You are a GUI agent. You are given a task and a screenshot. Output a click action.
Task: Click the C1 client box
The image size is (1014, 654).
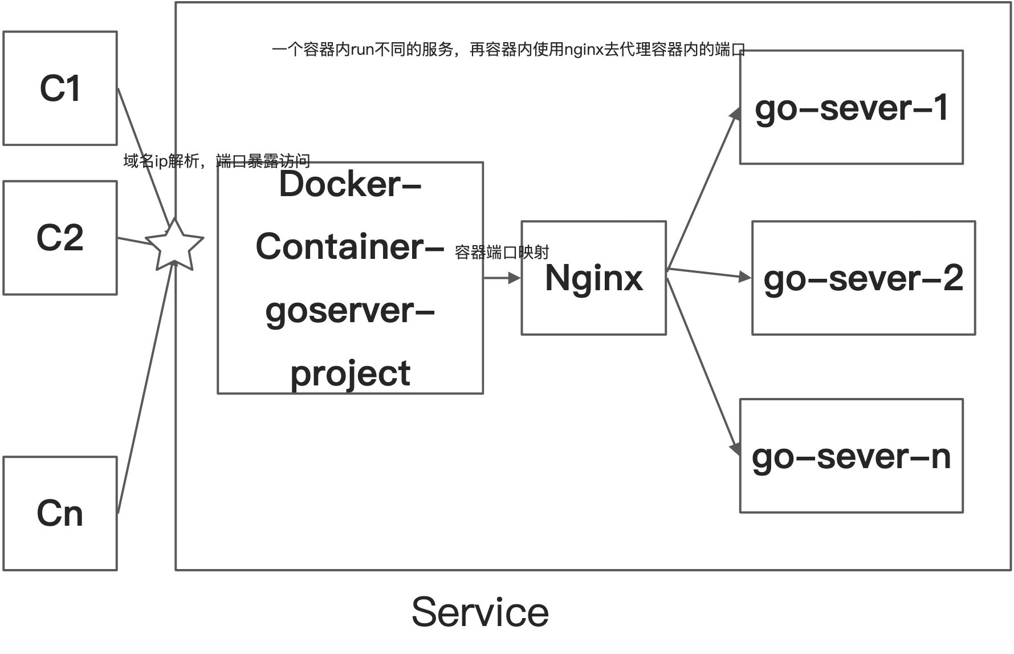tap(60, 88)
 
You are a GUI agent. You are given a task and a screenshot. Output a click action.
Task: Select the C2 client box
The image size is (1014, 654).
tap(60, 238)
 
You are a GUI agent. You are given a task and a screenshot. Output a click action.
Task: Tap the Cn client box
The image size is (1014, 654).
tap(60, 513)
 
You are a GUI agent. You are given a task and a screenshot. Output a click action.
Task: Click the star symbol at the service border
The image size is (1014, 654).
tap(174, 246)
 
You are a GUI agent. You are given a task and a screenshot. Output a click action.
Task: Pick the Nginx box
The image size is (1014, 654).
tap(593, 278)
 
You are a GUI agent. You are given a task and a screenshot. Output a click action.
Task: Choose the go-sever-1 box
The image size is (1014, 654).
tap(851, 107)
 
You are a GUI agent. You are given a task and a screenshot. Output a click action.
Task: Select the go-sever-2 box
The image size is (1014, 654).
tap(863, 278)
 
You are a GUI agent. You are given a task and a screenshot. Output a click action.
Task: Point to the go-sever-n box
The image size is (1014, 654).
tap(851, 456)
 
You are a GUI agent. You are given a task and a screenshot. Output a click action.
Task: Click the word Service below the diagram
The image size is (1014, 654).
tap(480, 612)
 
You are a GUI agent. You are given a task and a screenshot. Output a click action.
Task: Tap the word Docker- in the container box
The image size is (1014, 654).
tap(350, 184)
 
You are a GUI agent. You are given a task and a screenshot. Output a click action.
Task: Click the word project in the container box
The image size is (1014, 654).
tap(350, 373)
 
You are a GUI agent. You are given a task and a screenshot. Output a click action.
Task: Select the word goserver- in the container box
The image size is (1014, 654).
tap(350, 311)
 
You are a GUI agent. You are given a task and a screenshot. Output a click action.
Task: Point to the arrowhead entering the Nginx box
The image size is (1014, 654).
tap(515, 278)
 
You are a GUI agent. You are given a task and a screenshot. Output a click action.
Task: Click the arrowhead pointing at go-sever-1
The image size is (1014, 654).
tap(736, 113)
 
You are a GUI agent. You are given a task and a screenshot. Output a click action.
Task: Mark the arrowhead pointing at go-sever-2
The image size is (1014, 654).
tap(745, 277)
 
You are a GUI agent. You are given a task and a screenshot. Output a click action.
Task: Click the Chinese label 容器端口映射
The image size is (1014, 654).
tap(502, 252)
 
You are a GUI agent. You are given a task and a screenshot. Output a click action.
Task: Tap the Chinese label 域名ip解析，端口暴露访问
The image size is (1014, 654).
tap(217, 161)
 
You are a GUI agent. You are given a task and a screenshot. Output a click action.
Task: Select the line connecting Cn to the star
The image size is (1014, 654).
tap(145, 388)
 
